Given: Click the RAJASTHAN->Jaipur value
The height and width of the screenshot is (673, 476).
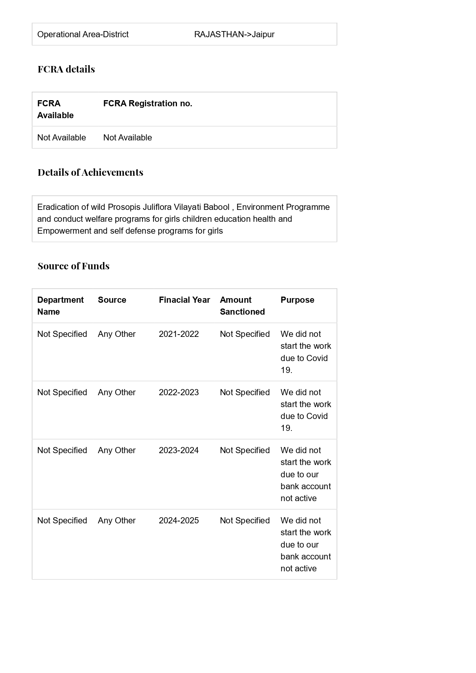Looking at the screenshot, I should click(x=234, y=35).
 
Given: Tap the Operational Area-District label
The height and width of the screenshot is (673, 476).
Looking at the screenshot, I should click(x=83, y=35).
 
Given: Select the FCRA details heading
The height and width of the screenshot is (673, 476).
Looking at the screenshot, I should click(x=66, y=69).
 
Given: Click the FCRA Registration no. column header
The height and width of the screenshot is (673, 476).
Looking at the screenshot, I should click(x=148, y=104).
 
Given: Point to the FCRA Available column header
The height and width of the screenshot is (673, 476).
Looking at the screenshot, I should click(x=55, y=109).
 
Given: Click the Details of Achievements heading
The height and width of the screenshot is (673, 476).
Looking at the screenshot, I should click(x=91, y=172).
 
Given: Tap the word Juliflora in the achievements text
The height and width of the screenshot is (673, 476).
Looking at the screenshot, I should click(x=157, y=207).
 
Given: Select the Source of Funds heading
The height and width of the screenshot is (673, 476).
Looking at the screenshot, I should click(x=74, y=266).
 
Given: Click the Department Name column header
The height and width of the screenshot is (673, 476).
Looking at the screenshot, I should click(x=60, y=306).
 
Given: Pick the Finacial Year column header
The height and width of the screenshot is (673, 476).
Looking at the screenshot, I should click(x=184, y=300).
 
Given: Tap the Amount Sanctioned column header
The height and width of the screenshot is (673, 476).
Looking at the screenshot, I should click(x=242, y=306).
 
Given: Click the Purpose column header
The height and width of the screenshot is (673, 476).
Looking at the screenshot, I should click(x=297, y=300).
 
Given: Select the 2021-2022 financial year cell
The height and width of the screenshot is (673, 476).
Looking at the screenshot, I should click(x=179, y=334).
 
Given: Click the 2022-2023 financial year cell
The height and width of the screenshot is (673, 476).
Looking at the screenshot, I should click(x=179, y=393).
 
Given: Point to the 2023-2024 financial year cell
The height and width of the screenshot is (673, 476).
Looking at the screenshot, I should click(x=179, y=450).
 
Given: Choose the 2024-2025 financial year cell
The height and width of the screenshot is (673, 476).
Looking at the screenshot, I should click(x=179, y=521).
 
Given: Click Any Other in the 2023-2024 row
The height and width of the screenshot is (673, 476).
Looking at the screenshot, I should click(x=117, y=450).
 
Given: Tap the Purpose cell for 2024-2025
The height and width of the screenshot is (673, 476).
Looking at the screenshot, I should click(x=306, y=544).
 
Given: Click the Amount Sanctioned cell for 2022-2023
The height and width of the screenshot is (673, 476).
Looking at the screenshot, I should click(x=245, y=393).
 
